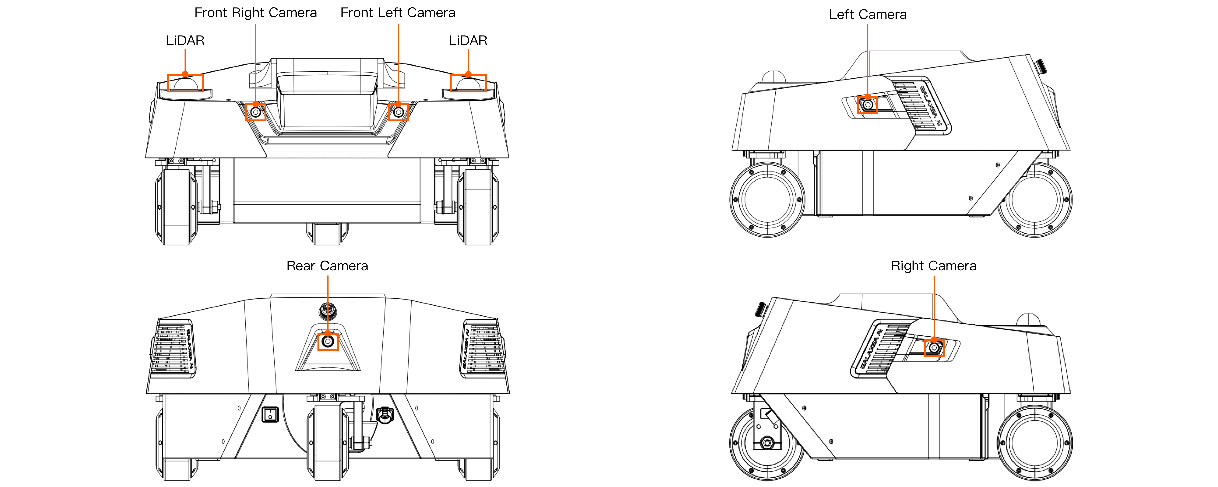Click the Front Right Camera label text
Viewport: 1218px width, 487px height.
pyautogui.click(x=255, y=13)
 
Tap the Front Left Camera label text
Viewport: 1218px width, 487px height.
pyautogui.click(x=398, y=13)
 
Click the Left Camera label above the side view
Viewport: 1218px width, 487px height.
pyautogui.click(x=868, y=15)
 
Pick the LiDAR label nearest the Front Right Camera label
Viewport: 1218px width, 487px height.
pyautogui.click(x=185, y=41)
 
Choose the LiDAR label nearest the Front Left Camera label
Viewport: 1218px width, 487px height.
pyautogui.click(x=468, y=41)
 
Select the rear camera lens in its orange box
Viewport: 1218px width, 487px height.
pyautogui.click(x=328, y=341)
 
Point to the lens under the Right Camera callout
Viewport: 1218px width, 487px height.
pyautogui.click(x=934, y=348)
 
